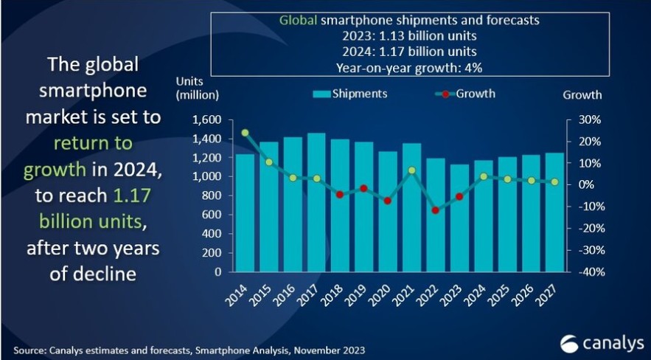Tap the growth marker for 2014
[246, 133]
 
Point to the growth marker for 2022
[436, 210]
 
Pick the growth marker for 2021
[413, 170]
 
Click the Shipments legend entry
[350, 94]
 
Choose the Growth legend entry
[465, 94]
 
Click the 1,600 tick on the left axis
[207, 120]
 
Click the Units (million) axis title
[198, 88]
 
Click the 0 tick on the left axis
[217, 271]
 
